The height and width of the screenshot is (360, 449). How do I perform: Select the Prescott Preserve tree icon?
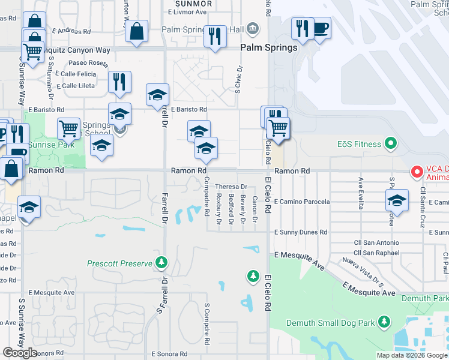coord(161,262)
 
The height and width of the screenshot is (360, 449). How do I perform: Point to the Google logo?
coord(20,353)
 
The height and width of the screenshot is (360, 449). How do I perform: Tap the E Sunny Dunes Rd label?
coord(301,232)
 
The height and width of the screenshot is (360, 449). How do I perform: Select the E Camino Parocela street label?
coord(302,202)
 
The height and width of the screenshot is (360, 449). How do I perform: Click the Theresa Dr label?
coord(231,187)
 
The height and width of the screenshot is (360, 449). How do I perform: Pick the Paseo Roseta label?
coord(87,62)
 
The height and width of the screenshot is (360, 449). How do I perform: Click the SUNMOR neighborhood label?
coord(190,4)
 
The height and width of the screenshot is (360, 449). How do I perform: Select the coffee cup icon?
coord(320,28)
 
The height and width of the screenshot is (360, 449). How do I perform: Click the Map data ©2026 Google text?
coord(412,355)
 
